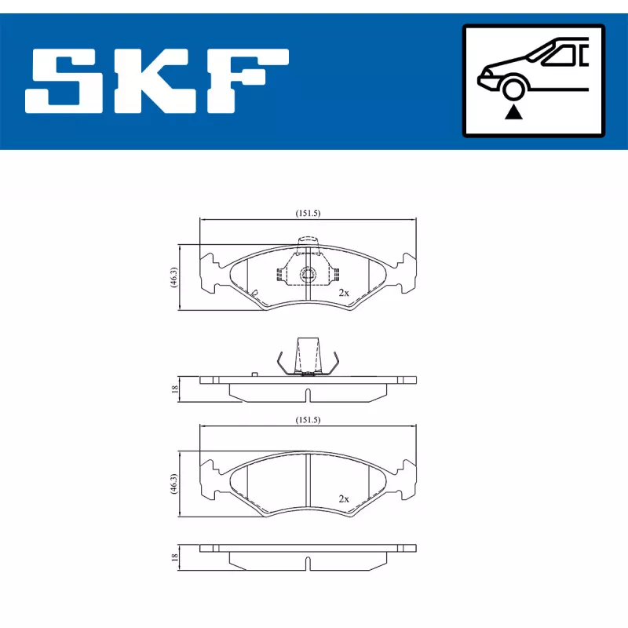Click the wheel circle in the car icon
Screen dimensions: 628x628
(515, 89)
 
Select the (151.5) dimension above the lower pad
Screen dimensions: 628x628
(308, 420)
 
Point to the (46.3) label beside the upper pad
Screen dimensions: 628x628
(173, 278)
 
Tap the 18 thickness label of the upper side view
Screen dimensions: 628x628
(174, 387)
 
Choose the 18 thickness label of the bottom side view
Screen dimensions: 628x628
(174, 557)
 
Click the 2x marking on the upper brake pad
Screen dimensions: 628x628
(343, 292)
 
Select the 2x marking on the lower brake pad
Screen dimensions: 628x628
(343, 498)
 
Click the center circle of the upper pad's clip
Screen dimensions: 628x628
(308, 274)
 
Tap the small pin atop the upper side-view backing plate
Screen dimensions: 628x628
(254, 374)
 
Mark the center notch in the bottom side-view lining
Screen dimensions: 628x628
(308, 563)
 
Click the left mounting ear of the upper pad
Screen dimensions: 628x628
(210, 272)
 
